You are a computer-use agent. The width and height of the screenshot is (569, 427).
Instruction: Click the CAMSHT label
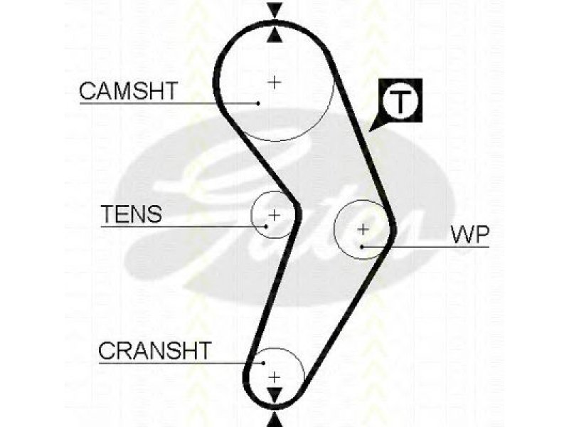129,91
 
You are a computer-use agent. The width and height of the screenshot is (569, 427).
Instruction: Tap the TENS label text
132,214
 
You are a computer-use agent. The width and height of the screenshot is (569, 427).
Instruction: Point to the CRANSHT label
155,350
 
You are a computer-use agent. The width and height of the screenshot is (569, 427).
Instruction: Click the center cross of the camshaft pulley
275,82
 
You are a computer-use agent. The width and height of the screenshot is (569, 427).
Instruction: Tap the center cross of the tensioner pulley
275,215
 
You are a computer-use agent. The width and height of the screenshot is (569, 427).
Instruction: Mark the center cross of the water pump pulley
363,229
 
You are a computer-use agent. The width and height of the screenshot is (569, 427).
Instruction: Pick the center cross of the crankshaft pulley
275,377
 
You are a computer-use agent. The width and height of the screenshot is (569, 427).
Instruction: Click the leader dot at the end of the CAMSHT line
258,103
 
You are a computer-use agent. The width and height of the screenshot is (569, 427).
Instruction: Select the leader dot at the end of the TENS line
266,226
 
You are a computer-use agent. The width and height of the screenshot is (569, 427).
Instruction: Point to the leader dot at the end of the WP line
362,247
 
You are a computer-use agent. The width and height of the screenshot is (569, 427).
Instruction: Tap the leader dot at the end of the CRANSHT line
264,363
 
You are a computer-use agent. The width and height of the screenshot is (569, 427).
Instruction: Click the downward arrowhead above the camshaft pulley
275,10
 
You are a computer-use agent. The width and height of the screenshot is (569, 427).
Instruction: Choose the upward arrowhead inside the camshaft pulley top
275,35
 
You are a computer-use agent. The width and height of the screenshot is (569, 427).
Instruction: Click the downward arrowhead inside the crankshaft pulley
275,395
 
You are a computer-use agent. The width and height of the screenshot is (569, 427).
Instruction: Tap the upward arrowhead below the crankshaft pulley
275,420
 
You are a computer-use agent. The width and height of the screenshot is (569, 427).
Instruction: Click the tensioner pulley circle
251,215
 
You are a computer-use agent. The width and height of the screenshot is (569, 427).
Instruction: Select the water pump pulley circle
334,229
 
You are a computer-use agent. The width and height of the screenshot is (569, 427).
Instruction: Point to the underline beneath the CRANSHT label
181,363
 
